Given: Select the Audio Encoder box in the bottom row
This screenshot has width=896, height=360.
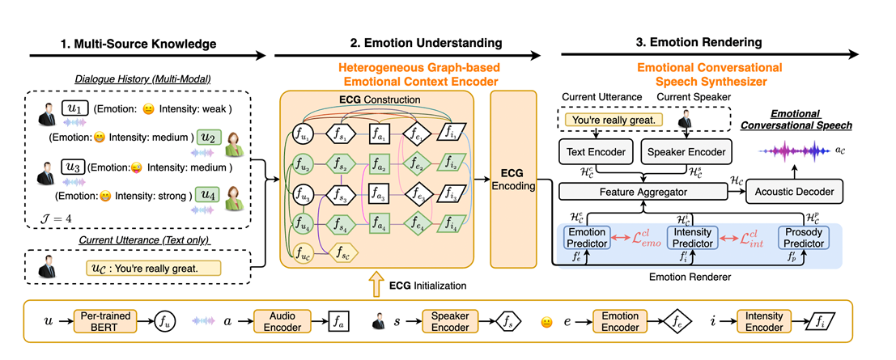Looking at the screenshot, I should coord(282,320).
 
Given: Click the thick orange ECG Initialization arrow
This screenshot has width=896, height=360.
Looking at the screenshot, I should coord(374,284).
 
